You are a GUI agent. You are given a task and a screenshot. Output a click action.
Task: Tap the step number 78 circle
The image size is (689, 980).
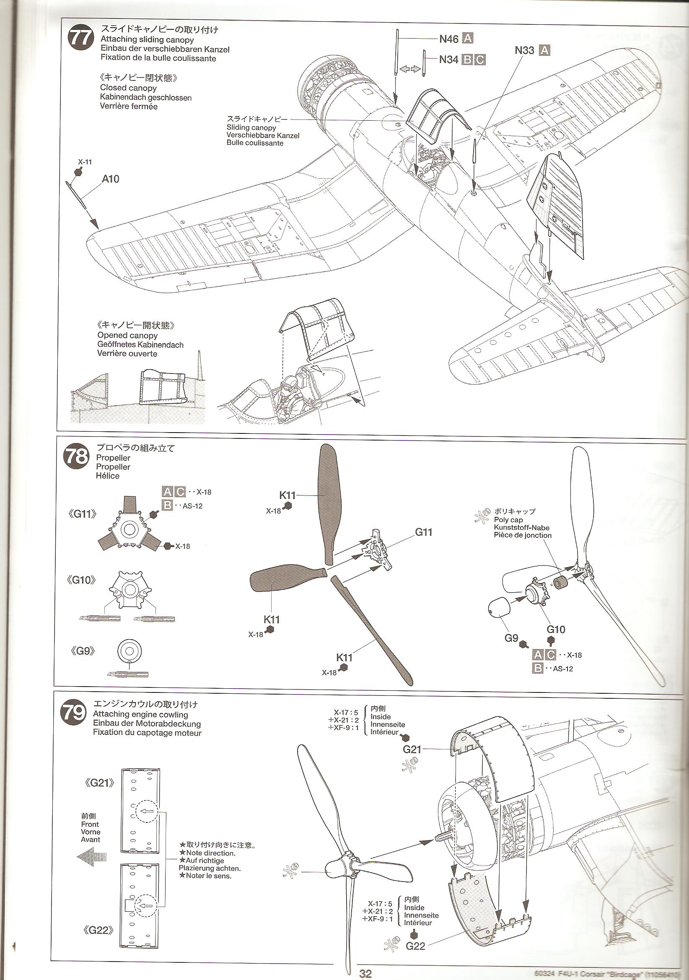[x=76, y=457]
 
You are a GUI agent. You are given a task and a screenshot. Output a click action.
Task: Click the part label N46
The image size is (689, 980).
[x=449, y=39]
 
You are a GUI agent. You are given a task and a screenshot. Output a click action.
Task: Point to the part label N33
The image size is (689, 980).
[x=524, y=50]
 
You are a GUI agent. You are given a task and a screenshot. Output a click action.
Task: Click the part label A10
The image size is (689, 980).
[x=111, y=179]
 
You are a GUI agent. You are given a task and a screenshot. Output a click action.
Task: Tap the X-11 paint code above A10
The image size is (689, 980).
[x=85, y=162]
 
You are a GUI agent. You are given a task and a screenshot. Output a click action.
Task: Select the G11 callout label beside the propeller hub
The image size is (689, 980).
[x=423, y=532]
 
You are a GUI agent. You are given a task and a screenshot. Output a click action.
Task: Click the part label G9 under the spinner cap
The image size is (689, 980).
[x=511, y=638]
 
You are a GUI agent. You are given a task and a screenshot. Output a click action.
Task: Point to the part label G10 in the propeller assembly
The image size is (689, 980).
[x=556, y=629]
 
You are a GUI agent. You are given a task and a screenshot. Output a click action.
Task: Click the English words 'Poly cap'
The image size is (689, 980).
[x=508, y=519]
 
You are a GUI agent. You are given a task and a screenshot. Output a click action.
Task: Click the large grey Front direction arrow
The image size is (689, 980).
[x=91, y=857]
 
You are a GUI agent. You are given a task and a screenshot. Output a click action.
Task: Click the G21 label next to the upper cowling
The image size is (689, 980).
[x=412, y=749]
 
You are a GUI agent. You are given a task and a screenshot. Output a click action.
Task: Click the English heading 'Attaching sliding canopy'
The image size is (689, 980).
[x=147, y=40]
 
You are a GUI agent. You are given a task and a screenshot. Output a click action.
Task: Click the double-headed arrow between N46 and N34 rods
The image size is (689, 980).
[x=410, y=69]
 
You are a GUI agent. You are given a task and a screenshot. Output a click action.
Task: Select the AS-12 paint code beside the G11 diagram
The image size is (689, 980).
[x=192, y=506]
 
